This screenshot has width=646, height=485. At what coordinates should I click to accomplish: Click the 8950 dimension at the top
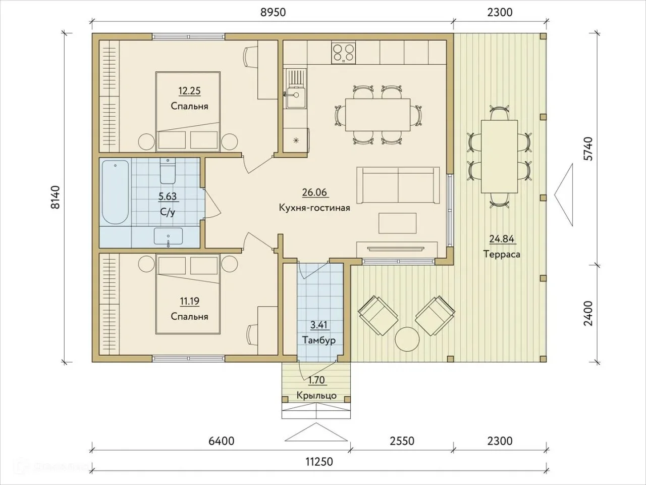click(x=273, y=12)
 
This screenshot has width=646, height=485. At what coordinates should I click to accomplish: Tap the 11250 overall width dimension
click(x=319, y=461)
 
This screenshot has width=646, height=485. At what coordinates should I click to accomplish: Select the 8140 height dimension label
click(x=55, y=198)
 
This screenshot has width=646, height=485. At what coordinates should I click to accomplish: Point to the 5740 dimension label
click(x=588, y=149)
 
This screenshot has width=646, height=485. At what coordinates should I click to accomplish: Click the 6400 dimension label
click(x=222, y=441)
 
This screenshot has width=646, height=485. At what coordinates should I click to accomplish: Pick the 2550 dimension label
click(x=402, y=441)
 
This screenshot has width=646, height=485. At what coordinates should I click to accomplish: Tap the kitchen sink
click(x=296, y=88)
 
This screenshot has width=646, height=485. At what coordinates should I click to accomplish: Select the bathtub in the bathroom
click(x=116, y=192)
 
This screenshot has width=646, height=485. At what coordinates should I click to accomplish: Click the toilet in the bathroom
click(x=168, y=171)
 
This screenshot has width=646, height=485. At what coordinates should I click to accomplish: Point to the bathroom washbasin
click(x=169, y=236)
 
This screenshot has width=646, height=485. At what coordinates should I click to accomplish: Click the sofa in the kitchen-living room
click(x=398, y=185)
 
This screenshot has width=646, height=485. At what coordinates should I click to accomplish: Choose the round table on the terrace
click(x=407, y=339)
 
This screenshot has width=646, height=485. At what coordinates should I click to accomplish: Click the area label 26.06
click(x=314, y=192)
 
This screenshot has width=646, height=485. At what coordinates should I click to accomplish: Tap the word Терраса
click(x=502, y=254)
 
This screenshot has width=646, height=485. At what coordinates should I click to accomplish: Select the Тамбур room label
click(x=319, y=341)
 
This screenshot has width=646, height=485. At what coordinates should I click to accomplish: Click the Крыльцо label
click(x=316, y=395)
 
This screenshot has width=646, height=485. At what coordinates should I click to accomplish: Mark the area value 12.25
click(x=190, y=91)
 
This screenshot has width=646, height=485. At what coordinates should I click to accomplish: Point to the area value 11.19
click(x=190, y=301)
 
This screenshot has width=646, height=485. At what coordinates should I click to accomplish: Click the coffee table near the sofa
click(x=397, y=223)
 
